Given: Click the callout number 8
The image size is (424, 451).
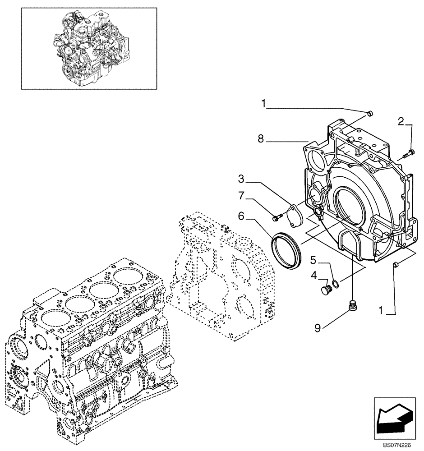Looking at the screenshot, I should coord(261,140).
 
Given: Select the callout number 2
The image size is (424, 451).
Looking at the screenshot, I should coord(401,121).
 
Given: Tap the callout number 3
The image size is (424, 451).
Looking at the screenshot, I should coord(242,179).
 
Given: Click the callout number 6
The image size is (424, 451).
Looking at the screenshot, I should coord(242,217).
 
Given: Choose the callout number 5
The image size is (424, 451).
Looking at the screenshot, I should coord(313,260).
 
